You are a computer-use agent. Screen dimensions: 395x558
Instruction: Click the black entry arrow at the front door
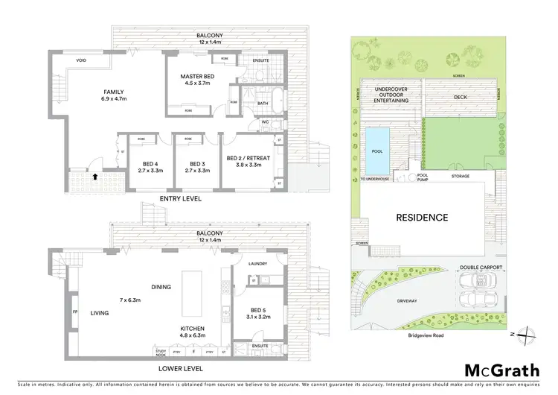[x=96, y=177]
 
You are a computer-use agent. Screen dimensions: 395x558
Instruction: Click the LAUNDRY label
[x=257, y=263]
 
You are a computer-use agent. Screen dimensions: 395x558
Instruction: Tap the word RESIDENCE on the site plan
[x=421, y=218]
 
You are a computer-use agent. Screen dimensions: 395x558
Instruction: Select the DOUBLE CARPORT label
[x=481, y=266]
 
